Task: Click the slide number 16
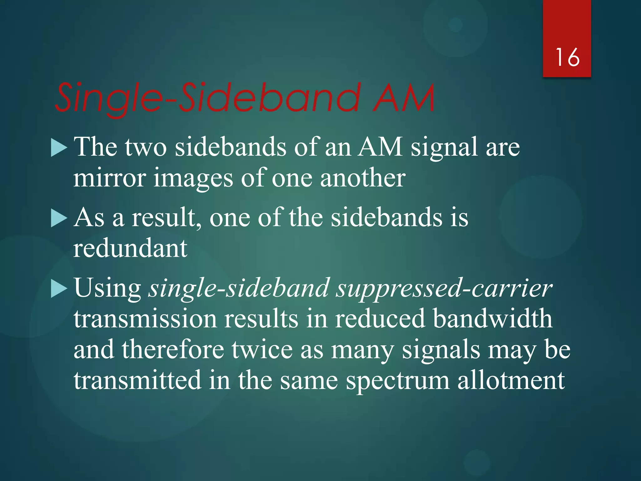tap(567, 57)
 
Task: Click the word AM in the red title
tap(404, 98)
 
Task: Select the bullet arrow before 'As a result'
tap(59, 218)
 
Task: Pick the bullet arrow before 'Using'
tap(59, 289)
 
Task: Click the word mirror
tap(110, 178)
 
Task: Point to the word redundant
tap(130, 248)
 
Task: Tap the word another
tap(363, 178)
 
